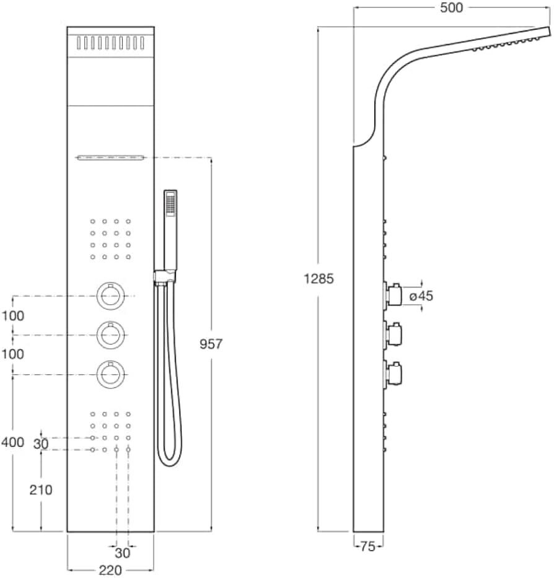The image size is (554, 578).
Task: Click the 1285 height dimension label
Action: (319, 278)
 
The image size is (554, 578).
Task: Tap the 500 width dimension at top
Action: (451, 7)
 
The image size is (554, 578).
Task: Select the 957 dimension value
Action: (211, 344)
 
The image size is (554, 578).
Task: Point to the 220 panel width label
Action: (110, 570)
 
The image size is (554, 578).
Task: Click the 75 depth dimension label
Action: (367, 546)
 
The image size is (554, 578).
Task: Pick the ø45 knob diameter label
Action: (421, 296)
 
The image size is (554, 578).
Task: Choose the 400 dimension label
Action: (13, 442)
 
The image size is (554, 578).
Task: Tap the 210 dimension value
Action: (41, 490)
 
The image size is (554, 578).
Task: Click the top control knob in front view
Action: (110, 296)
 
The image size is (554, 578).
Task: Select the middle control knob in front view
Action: (110, 335)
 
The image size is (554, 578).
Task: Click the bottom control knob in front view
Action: (110, 375)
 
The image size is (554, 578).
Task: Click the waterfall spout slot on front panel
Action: (110, 158)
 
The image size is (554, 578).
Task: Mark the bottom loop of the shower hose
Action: (170, 457)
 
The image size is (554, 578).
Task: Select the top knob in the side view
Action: (392, 294)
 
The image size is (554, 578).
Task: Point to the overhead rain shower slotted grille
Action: (110, 43)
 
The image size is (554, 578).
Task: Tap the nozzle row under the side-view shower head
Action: (504, 43)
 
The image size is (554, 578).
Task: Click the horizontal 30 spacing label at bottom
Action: (123, 553)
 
